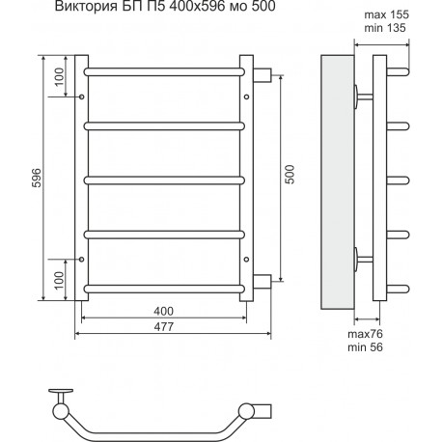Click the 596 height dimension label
pyautogui.click(x=37, y=178)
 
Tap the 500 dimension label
pyautogui.click(x=290, y=174)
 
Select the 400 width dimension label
pyautogui.click(x=163, y=311)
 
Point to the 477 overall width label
pyautogui.click(x=164, y=327)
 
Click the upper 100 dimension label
pyautogui.click(x=59, y=77)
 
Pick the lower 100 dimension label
pyautogui.click(x=59, y=280)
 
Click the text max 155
pyautogui.click(x=387, y=14)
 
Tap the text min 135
pyautogui.click(x=385, y=28)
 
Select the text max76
pyautogui.click(x=365, y=334)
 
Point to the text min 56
pyautogui.click(x=365, y=347)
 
